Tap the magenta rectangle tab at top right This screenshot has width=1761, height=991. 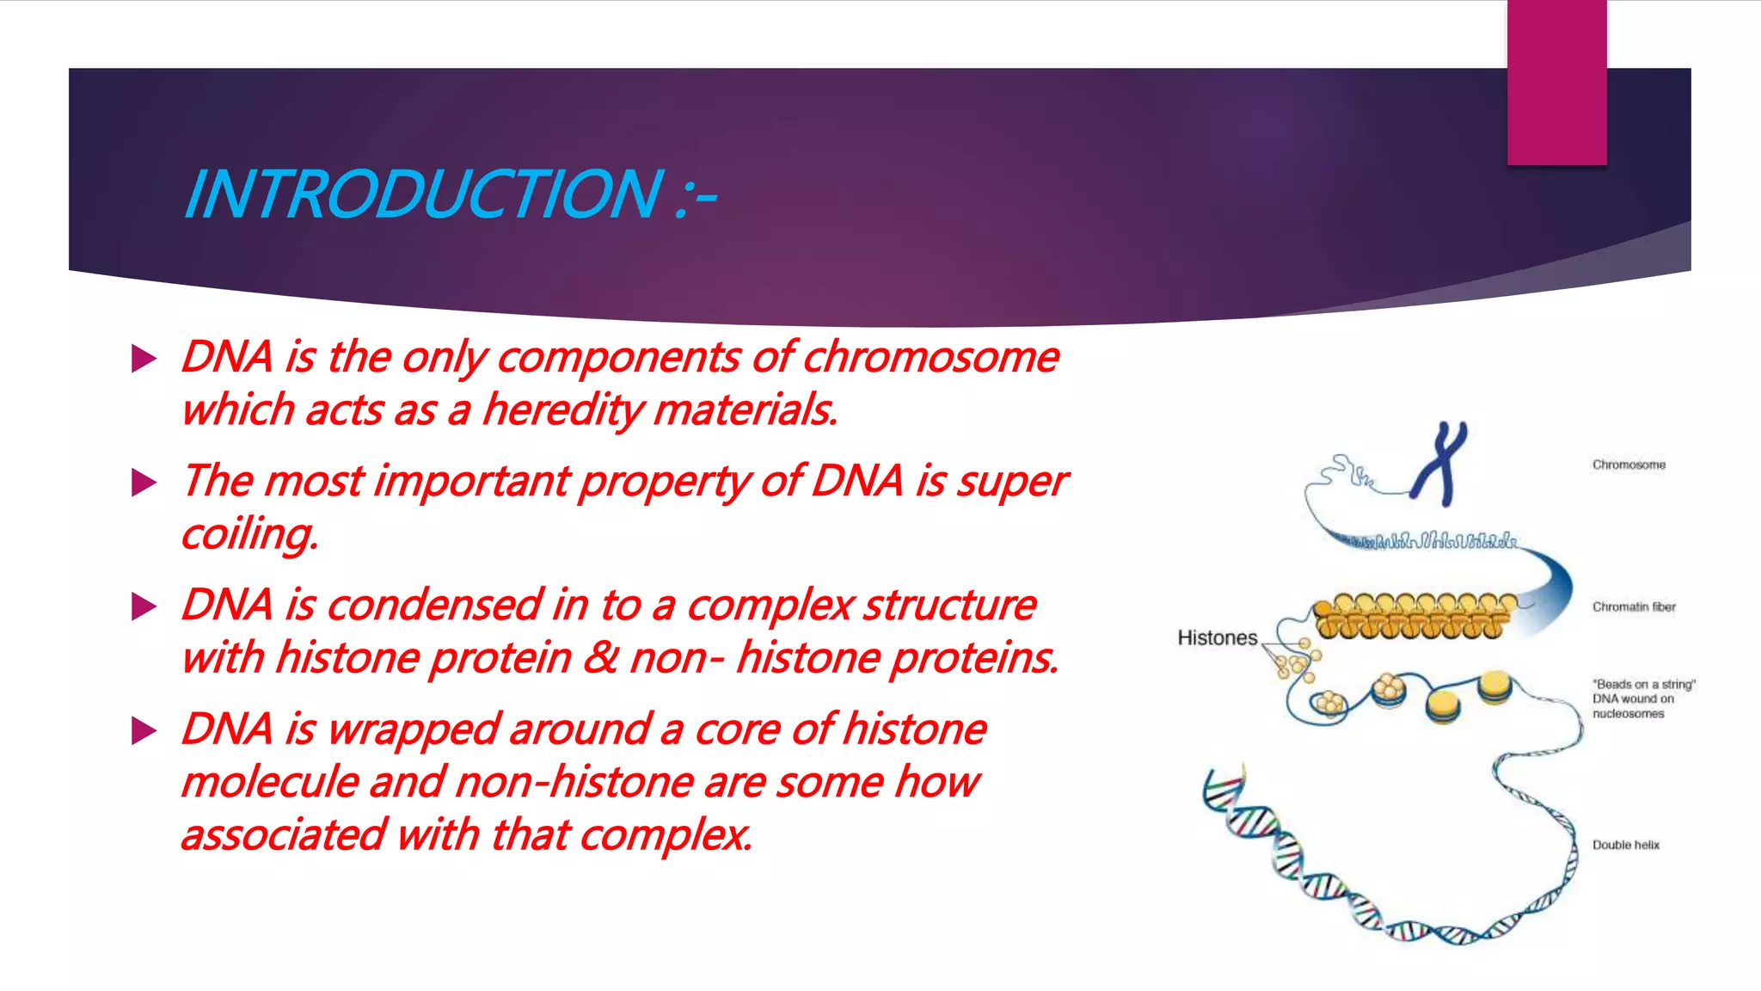click(1556, 82)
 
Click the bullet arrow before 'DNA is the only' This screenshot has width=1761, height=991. click(144, 359)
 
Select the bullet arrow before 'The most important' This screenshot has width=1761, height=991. click(144, 483)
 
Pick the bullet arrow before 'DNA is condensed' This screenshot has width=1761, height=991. click(144, 606)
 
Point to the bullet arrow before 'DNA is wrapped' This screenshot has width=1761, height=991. click(144, 731)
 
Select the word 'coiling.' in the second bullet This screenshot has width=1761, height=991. click(249, 534)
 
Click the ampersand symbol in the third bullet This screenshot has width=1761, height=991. click(600, 658)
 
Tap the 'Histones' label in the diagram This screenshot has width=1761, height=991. click(1217, 638)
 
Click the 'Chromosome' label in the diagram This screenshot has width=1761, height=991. click(1629, 465)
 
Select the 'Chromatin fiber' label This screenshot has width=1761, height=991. click(1634, 607)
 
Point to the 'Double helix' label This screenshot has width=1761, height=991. click(1626, 846)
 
